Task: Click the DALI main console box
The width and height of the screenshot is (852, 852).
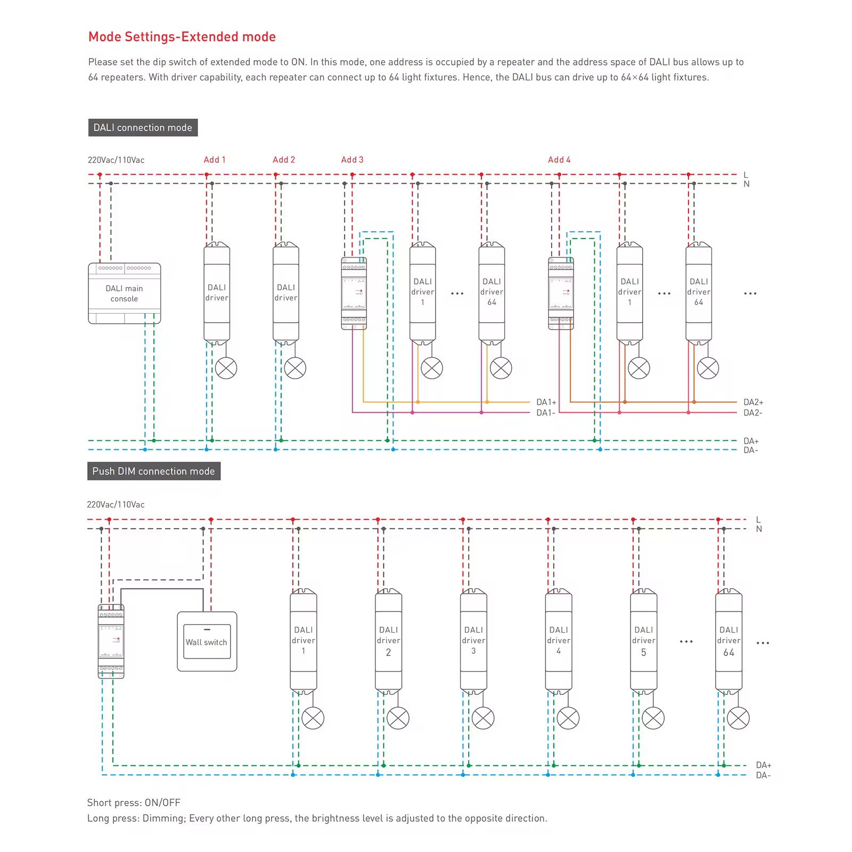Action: [124, 293]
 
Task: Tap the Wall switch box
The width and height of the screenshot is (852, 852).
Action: [207, 641]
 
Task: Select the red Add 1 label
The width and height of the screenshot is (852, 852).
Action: [215, 160]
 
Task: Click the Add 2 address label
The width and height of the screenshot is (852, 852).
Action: [284, 160]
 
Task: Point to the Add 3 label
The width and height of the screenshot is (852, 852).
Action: [353, 160]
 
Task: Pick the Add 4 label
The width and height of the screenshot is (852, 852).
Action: [559, 160]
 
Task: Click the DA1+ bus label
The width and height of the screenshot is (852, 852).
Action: [546, 402]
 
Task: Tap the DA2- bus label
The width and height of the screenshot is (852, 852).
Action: [753, 413]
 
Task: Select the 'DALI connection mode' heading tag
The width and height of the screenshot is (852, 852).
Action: [143, 128]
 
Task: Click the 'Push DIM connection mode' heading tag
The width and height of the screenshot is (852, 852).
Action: [154, 471]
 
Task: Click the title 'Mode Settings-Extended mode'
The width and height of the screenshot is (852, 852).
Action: [182, 37]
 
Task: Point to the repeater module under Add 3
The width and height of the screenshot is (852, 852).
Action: [354, 293]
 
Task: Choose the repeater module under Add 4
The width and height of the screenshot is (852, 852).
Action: [561, 293]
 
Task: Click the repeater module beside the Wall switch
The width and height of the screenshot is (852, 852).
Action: [111, 641]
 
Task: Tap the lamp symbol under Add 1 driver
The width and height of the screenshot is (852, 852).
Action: [226, 368]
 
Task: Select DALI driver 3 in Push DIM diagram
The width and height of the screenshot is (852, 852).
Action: [473, 641]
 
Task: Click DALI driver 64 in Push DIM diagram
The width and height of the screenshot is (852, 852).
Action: [728, 641]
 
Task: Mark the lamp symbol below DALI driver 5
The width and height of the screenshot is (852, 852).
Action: [653, 718]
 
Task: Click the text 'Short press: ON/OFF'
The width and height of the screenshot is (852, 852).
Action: [134, 802]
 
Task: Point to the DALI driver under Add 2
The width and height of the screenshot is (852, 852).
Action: [286, 293]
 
